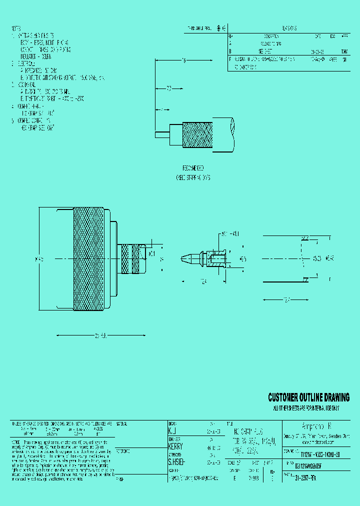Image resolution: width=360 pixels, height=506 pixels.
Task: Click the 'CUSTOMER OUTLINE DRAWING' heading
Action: point(308,398)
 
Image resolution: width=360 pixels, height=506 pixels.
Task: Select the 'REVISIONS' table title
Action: point(289,29)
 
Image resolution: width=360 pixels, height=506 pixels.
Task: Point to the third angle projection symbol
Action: point(222,28)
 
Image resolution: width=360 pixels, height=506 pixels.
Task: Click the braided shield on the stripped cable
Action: point(197,135)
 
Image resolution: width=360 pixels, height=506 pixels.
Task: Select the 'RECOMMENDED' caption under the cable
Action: point(192,168)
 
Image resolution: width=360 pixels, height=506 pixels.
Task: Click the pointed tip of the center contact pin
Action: point(183,258)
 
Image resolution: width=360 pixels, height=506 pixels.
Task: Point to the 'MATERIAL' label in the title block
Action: point(122,423)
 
